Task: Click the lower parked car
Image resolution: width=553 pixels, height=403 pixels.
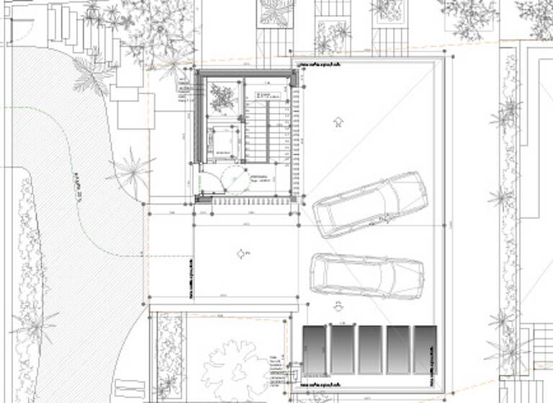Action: [367, 276]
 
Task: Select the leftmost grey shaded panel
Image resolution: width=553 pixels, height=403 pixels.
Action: [315, 350]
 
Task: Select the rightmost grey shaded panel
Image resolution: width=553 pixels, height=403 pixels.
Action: [424, 350]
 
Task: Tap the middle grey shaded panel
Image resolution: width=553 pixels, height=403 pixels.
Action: [369, 350]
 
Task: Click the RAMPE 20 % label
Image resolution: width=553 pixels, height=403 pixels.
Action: [77, 189]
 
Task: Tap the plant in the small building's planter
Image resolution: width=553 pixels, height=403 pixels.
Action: [222, 96]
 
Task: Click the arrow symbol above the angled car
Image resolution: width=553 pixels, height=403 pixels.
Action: [338, 121]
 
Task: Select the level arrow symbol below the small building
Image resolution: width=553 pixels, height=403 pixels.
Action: [241, 253]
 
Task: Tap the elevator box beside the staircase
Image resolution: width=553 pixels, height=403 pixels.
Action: [225, 142]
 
